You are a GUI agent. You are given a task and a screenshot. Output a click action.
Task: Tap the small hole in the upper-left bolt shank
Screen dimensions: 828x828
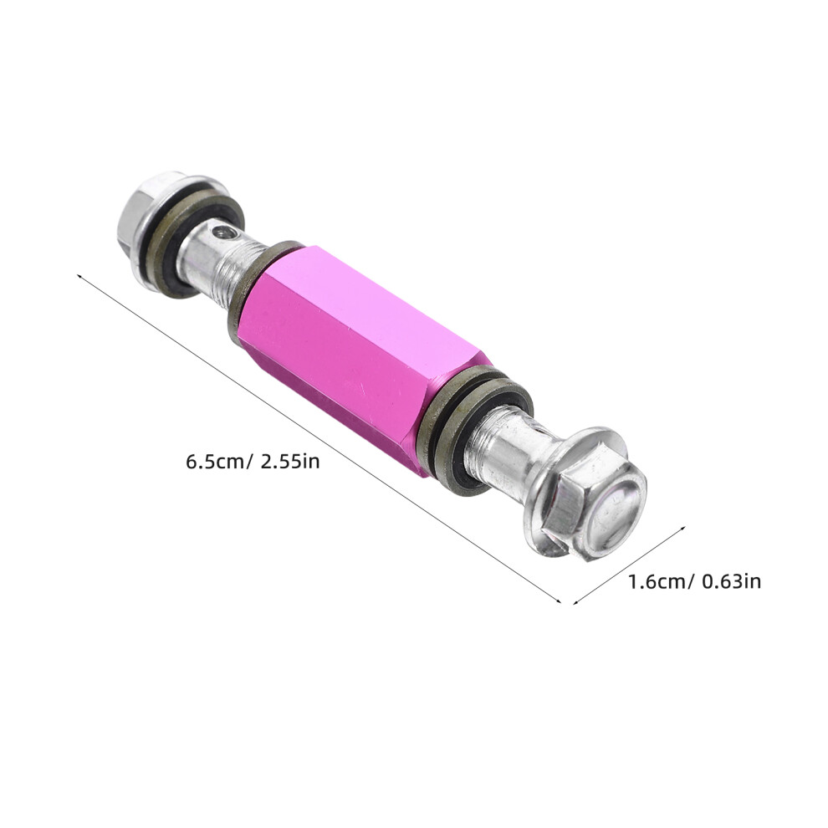[223, 232]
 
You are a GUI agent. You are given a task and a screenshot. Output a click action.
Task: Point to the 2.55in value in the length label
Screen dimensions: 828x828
[290, 462]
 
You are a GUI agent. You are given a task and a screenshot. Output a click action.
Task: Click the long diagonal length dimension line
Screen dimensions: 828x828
[319, 437]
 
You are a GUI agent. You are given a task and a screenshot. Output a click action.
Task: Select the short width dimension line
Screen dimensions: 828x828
[630, 565]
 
